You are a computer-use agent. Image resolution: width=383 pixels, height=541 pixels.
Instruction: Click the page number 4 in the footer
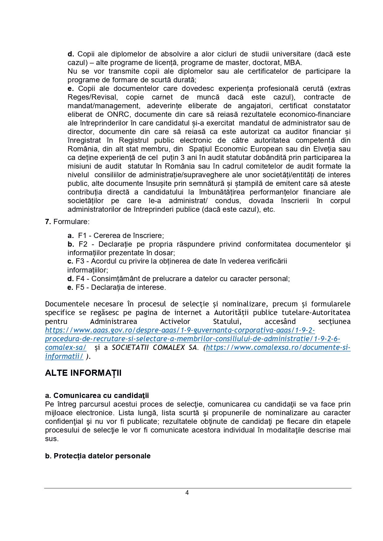[x=187, y=492]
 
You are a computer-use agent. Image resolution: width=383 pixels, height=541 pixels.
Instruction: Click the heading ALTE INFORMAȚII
[x=83, y=373]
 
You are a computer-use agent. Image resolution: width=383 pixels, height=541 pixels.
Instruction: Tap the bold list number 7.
[x=48, y=222]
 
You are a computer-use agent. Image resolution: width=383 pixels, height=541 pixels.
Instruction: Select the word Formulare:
[x=72, y=222]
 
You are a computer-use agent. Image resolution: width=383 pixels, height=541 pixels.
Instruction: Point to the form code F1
[x=82, y=236]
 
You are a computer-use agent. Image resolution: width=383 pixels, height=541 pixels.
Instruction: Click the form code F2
[x=83, y=244]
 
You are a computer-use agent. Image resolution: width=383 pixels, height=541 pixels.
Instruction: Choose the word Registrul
[x=134, y=140]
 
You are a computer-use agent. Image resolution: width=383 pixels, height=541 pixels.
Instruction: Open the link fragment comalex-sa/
[x=66, y=347]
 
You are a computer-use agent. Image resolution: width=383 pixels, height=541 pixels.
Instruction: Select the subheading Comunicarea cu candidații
[x=101, y=396]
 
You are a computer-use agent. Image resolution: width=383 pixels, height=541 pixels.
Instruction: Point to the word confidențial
[x=64, y=421]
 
